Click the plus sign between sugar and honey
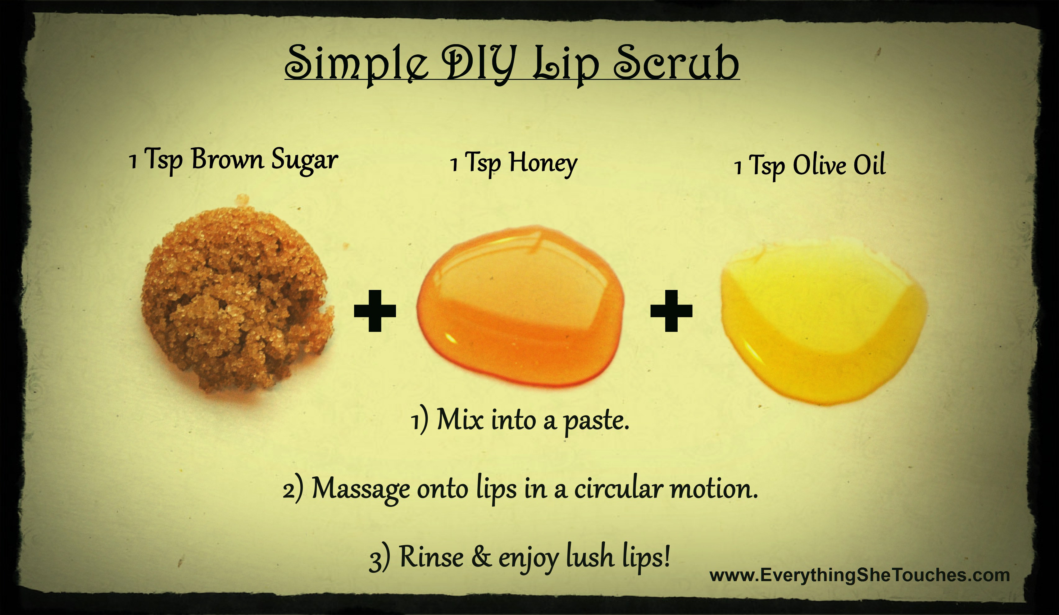point(375,310)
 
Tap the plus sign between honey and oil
point(671,310)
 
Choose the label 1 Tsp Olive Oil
point(810,165)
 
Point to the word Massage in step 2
point(361,489)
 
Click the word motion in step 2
point(714,489)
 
